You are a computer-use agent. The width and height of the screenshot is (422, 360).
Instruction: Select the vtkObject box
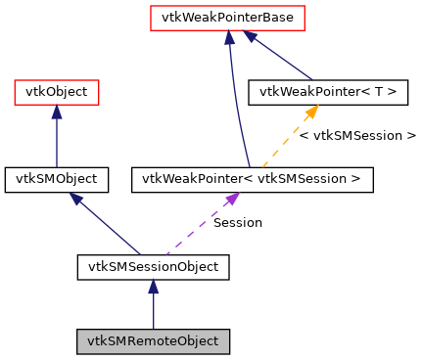(56, 93)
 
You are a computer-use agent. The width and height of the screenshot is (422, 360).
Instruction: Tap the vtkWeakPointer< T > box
(328, 93)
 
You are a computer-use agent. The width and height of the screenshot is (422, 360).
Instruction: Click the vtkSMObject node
(56, 179)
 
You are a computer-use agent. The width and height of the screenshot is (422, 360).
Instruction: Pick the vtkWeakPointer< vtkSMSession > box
(251, 179)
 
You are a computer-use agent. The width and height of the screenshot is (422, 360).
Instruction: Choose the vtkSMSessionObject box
(153, 265)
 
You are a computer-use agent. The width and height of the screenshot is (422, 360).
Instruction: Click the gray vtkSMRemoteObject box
(153, 341)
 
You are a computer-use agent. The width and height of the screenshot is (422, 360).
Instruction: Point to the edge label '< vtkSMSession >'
(357, 135)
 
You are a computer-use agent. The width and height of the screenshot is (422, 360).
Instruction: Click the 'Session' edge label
(238, 222)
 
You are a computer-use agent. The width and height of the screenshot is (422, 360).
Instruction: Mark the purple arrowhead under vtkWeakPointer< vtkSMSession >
(231, 199)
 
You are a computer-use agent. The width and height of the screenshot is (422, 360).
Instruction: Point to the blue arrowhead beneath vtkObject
(56, 112)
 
